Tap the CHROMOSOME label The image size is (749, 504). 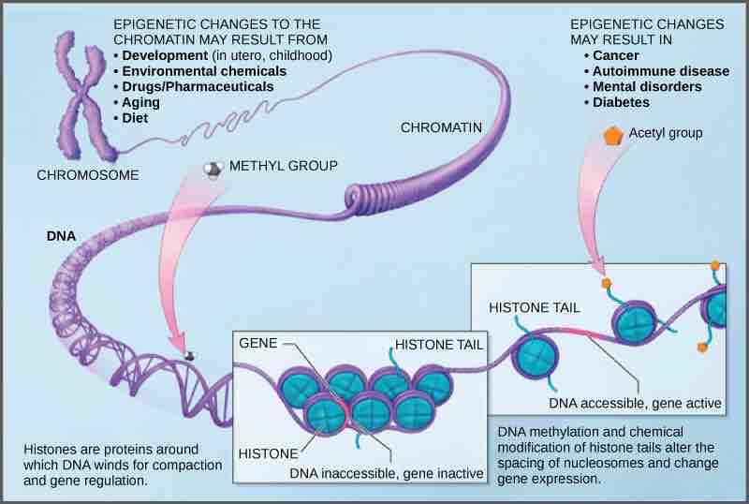tap(88, 175)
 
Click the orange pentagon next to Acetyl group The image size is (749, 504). tap(613, 136)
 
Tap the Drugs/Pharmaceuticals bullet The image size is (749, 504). tap(198, 86)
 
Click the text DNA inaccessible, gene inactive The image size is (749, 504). tap(387, 474)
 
